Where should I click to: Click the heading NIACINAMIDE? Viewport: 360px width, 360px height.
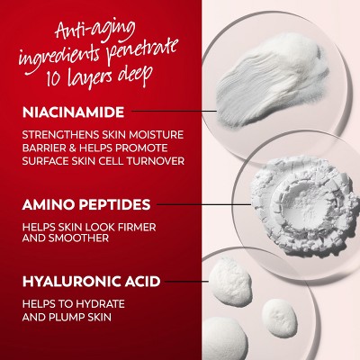tap(73, 112)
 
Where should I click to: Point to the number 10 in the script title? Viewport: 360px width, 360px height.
tap(54, 78)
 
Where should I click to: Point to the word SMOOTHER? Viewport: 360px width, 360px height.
tap(78, 238)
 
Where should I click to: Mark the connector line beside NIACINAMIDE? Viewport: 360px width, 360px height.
tap(174, 111)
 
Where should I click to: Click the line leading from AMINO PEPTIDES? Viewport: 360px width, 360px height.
tap(203, 205)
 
